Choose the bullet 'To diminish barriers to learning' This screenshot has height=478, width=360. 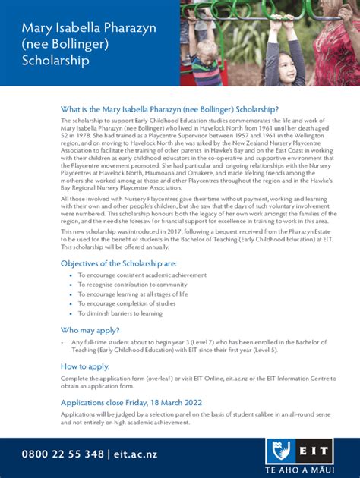tap(120, 313)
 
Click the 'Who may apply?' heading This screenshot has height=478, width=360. tap(90, 330)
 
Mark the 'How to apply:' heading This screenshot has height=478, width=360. tap(85, 366)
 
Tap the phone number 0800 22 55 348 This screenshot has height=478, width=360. tap(62, 454)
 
